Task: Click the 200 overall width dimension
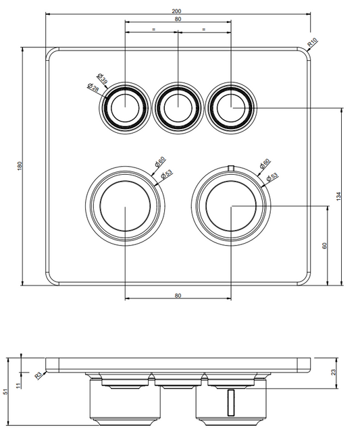[176, 11]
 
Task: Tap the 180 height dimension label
[20, 166]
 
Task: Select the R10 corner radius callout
[312, 43]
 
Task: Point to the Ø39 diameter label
[102, 78]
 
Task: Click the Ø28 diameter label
[93, 88]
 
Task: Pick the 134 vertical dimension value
[338, 196]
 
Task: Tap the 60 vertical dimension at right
[325, 246]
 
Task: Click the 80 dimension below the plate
[178, 296]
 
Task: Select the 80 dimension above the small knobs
[178, 19]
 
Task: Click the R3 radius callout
[38, 375]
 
